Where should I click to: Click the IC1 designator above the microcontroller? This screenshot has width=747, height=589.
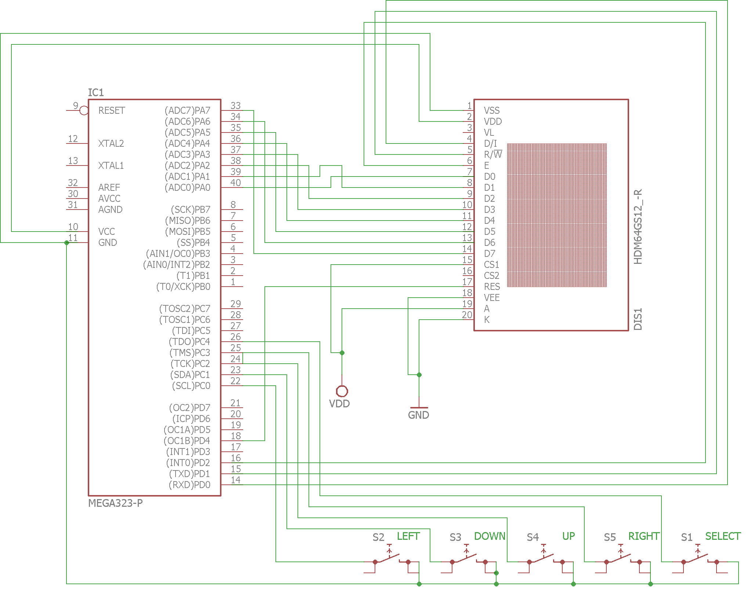coord(96,92)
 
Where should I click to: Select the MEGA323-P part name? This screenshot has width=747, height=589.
coord(115,503)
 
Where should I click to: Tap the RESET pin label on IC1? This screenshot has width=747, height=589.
coord(112,110)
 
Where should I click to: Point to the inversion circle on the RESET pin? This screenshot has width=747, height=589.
coord(84,110)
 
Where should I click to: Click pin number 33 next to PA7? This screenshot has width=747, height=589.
coord(236,106)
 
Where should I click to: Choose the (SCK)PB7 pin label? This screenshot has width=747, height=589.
coord(191,210)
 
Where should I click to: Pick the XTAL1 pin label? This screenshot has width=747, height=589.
coord(111,166)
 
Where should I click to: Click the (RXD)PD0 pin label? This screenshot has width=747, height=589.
coord(190,485)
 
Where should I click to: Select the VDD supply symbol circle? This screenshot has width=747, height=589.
coord(342,391)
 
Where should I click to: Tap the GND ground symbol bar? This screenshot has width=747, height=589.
coord(419,408)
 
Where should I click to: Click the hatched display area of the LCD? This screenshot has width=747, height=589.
coord(557,215)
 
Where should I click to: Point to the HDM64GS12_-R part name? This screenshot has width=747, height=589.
coord(638,227)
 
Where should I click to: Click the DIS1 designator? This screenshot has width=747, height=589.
coord(638,319)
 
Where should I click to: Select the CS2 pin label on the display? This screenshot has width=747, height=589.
coord(492,276)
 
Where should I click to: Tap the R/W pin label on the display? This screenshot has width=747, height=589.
coord(493,154)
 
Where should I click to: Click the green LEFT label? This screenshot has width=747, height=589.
coord(408,537)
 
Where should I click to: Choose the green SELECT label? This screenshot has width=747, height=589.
coord(723,537)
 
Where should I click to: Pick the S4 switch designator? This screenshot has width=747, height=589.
coord(533,537)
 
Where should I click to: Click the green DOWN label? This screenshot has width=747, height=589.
coord(490,537)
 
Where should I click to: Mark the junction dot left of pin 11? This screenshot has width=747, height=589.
coord(66,243)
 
